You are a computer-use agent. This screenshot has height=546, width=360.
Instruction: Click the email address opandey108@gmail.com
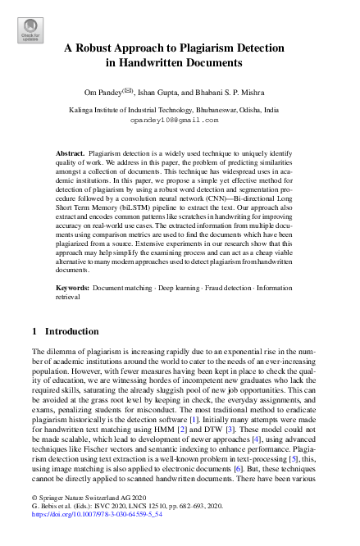tap(175, 119)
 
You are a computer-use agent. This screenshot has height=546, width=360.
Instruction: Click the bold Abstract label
tap(70, 153)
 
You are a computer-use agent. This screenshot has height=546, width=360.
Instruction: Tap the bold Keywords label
tap(72, 289)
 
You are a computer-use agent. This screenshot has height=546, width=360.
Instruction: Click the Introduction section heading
tap(70, 331)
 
